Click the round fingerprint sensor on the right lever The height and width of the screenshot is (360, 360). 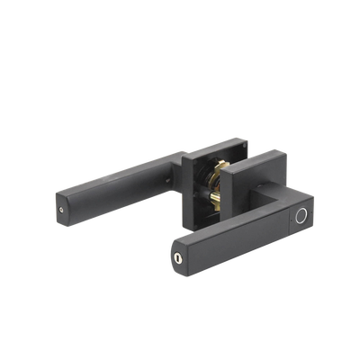pyautogui.click(x=301, y=217)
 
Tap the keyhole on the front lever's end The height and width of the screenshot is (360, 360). pyautogui.click(x=178, y=257)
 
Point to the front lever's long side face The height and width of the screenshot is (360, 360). pyautogui.click(x=234, y=247)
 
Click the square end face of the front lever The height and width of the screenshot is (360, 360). pyautogui.click(x=179, y=256)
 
